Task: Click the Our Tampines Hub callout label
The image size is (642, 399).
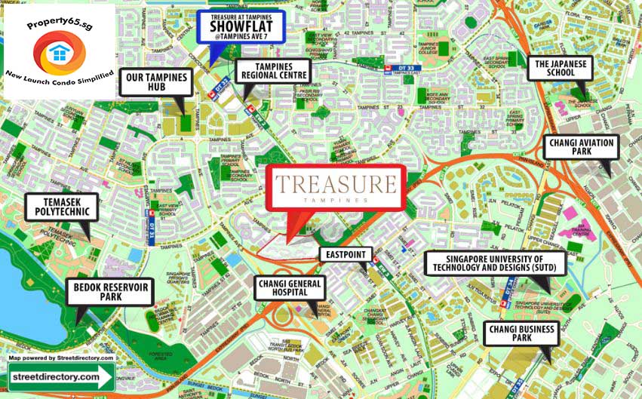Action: [x=156, y=82]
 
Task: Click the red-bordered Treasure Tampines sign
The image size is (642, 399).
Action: [x=335, y=187]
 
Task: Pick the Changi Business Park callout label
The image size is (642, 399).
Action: [x=521, y=333]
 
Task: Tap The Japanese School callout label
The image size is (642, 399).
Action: [x=561, y=69]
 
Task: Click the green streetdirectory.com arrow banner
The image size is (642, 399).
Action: [x=61, y=376]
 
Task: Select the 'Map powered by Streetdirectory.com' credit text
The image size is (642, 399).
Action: [x=61, y=358]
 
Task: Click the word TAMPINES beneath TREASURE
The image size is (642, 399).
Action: [x=335, y=201]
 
